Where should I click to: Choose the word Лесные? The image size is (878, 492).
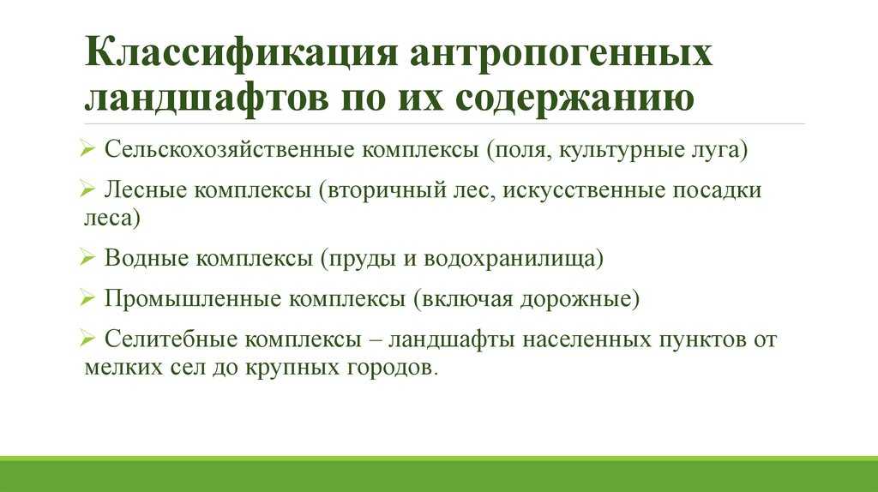[x=145, y=190]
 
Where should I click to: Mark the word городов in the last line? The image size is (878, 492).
[x=394, y=369]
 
